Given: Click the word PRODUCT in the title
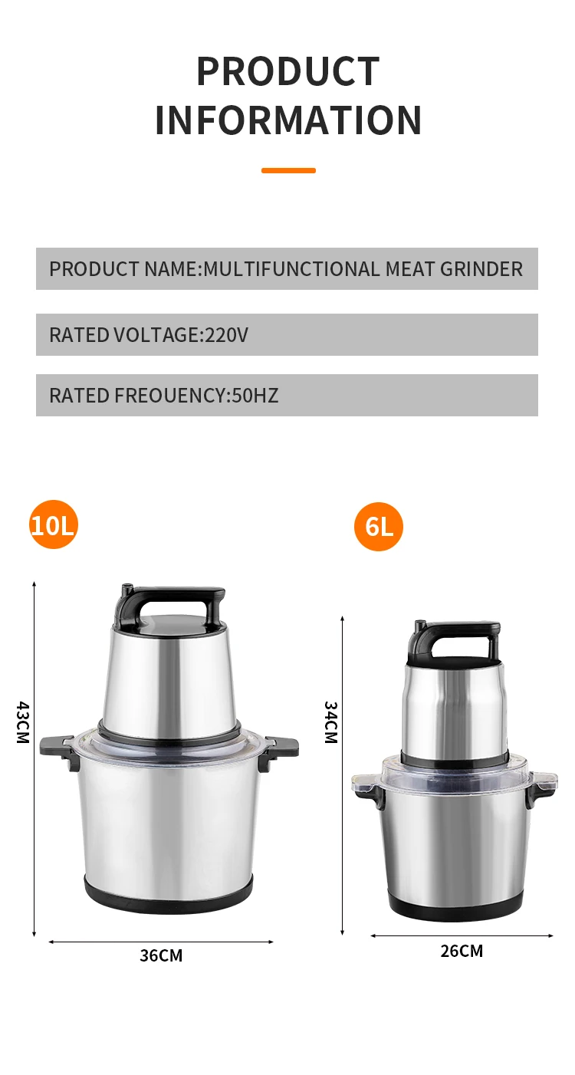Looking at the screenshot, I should click(x=287, y=71).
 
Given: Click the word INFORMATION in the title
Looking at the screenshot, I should click(x=287, y=120).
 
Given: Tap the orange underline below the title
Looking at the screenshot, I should click(x=288, y=170).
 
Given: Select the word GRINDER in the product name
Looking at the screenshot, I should click(x=481, y=269).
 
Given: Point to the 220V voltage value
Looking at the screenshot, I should click(x=226, y=335).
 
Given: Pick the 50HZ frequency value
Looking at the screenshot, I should click(x=255, y=396).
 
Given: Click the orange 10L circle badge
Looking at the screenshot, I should click(x=54, y=525).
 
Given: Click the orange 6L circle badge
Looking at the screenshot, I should click(x=379, y=528).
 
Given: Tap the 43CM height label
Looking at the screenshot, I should click(x=22, y=722).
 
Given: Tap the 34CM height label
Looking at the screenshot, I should click(x=330, y=722).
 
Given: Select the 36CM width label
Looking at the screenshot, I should click(x=161, y=956).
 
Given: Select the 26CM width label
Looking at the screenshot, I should click(x=462, y=952).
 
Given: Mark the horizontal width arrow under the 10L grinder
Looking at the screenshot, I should click(x=161, y=942).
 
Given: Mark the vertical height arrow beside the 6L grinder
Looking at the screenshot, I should click(x=342, y=774).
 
